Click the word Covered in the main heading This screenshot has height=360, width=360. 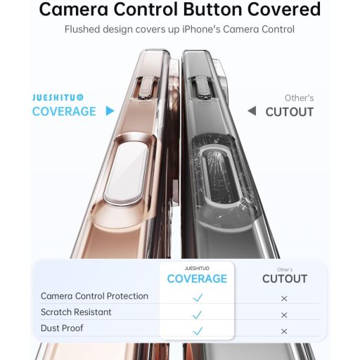point(278,10)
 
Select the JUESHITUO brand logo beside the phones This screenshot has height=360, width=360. point(58,98)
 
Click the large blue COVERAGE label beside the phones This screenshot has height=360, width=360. point(64,112)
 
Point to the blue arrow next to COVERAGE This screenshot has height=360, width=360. point(110,111)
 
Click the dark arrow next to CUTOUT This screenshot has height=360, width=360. point(252,111)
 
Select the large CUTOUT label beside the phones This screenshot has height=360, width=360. point(290,112)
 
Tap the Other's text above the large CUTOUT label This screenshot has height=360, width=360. point(299,98)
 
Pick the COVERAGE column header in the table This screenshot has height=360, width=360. point(197,278)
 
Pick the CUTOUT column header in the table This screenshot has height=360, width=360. point(285,278)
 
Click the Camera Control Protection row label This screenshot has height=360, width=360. point(94,297)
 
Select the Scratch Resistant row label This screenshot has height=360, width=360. point(76,312)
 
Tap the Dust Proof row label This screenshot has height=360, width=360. point(62,328)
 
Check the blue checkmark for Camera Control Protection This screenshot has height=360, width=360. point(198,298)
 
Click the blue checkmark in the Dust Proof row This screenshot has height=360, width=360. point(198,330)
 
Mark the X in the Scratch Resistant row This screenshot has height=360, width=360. point(284,315)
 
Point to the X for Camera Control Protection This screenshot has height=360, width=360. point(284,299)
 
